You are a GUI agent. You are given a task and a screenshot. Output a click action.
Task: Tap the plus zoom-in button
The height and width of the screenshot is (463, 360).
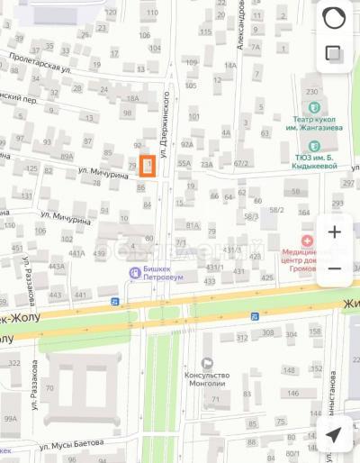pos(334,232)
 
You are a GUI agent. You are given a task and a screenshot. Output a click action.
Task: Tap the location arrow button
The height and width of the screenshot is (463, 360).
pos(334,435)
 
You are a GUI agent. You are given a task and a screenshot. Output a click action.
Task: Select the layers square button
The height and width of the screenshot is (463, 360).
pos(334,54)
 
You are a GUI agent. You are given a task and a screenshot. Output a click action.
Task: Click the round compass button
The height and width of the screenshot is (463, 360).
pos(334,18)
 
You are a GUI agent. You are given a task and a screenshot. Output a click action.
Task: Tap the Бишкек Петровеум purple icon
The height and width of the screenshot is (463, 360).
pos(134,272)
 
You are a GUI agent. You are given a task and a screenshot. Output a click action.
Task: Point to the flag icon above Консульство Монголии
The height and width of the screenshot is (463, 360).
pos(207,361)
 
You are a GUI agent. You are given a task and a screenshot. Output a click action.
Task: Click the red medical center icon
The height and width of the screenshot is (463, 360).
pos(308,241)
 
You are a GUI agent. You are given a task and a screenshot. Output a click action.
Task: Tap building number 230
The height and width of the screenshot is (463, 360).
pos(312,92)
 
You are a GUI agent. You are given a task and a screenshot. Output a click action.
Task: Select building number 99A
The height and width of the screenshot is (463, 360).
pos(10,419)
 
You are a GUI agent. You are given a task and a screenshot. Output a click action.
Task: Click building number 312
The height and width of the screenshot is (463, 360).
pos(242,339)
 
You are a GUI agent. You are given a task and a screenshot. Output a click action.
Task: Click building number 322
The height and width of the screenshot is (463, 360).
pos(13,362)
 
